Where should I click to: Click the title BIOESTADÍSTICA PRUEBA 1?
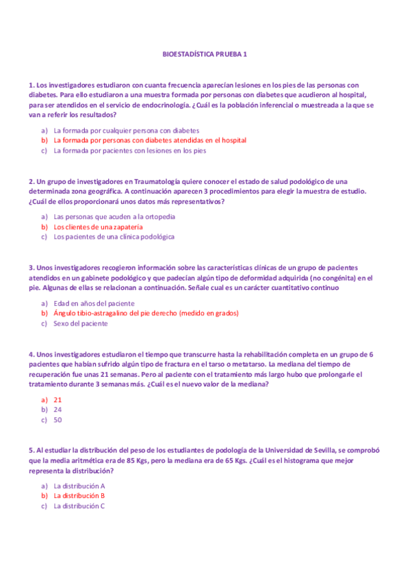click(x=205, y=53)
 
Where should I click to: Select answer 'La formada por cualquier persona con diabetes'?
click(x=126, y=130)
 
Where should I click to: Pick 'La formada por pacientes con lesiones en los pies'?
click(x=129, y=150)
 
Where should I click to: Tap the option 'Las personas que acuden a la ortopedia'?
click(x=114, y=217)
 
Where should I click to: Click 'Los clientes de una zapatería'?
click(x=98, y=226)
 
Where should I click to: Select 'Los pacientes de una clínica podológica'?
click(x=114, y=237)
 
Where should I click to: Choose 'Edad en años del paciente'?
click(x=94, y=303)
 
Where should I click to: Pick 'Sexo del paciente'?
click(x=80, y=324)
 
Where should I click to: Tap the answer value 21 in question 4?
click(x=57, y=399)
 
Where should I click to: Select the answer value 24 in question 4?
click(x=57, y=410)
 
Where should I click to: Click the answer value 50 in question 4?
click(x=57, y=420)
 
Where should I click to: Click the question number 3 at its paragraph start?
click(x=31, y=267)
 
